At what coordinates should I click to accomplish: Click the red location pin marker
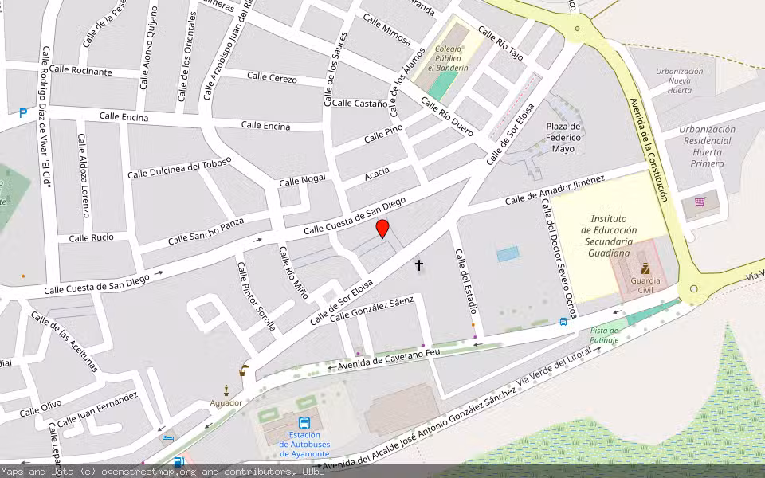[x=382, y=230]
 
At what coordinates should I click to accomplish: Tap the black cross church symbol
[x=419, y=264]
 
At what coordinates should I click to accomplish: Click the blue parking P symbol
[x=22, y=113]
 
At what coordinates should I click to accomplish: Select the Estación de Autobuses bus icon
[x=304, y=423]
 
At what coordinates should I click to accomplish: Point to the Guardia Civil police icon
[x=645, y=268]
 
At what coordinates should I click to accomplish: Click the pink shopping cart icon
[x=700, y=202]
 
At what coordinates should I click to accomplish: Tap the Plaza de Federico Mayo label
[x=563, y=137]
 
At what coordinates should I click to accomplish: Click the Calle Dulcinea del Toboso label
[x=179, y=167]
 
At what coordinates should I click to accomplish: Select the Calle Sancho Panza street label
[x=206, y=231]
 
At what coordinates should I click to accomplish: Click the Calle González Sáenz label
[x=372, y=309]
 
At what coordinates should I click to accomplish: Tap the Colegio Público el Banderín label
[x=451, y=58]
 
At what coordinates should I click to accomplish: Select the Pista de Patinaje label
[x=605, y=335]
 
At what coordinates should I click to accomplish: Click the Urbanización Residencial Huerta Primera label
[x=708, y=146]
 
